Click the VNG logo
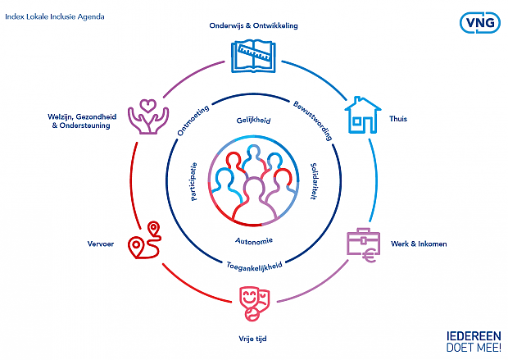click(480, 23)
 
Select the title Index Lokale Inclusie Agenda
click(55, 17)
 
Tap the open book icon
click(253, 57)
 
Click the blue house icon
click(362, 115)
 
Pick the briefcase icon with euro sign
click(363, 245)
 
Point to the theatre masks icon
click(254, 303)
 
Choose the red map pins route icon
click(144, 240)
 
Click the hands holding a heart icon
click(148, 116)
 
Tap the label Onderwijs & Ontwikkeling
click(253, 25)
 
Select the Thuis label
click(398, 119)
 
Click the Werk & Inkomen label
click(419, 244)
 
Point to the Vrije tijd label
click(252, 339)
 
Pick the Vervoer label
click(101, 244)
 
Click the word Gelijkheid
click(253, 121)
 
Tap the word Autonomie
click(254, 240)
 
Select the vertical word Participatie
click(193, 181)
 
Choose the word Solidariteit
click(313, 181)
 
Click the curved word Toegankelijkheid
click(254, 267)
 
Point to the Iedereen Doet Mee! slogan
click(474, 341)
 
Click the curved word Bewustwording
click(313, 121)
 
